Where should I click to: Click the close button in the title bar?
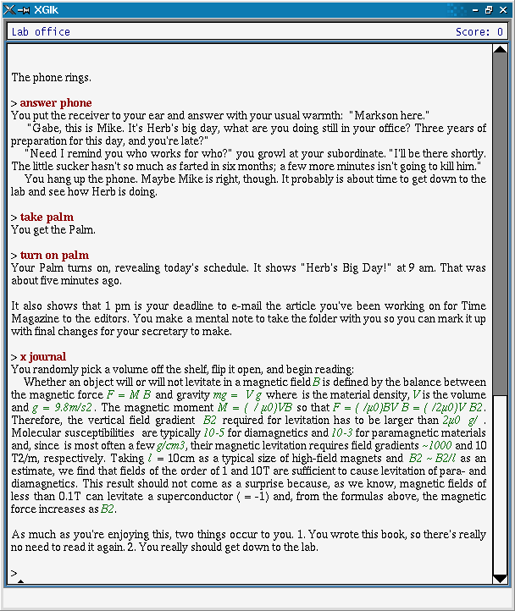[504, 10]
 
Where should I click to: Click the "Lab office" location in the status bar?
[41, 32]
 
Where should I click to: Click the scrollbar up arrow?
[500, 50]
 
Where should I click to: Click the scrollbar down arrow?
[500, 578]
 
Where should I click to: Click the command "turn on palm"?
[54, 256]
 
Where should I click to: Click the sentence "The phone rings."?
[51, 78]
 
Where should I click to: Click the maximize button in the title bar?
[489, 10]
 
